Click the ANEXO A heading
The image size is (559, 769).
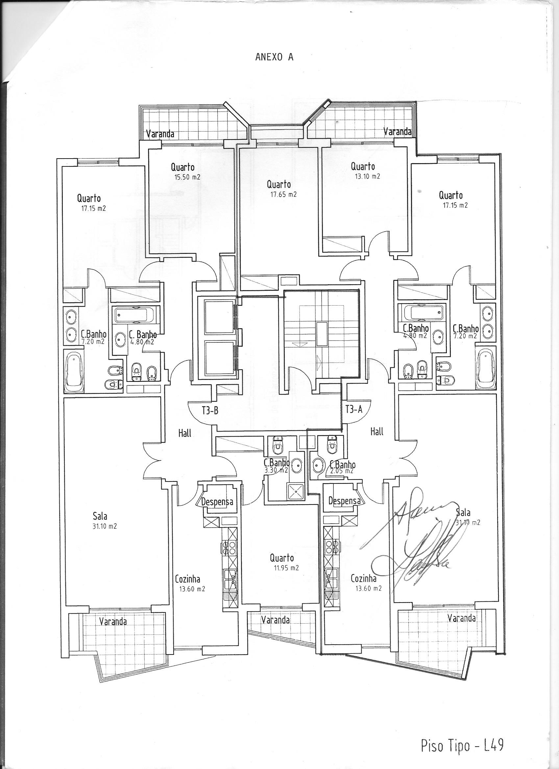click(x=274, y=58)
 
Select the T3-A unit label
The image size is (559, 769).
click(x=354, y=409)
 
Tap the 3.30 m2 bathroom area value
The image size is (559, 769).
click(x=276, y=470)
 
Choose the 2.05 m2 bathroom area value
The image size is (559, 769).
click(x=343, y=471)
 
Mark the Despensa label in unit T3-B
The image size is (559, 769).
click(x=217, y=502)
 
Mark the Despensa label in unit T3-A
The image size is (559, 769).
click(x=344, y=501)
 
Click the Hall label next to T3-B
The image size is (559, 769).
click(x=185, y=433)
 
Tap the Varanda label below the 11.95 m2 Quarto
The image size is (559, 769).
click(x=275, y=620)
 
